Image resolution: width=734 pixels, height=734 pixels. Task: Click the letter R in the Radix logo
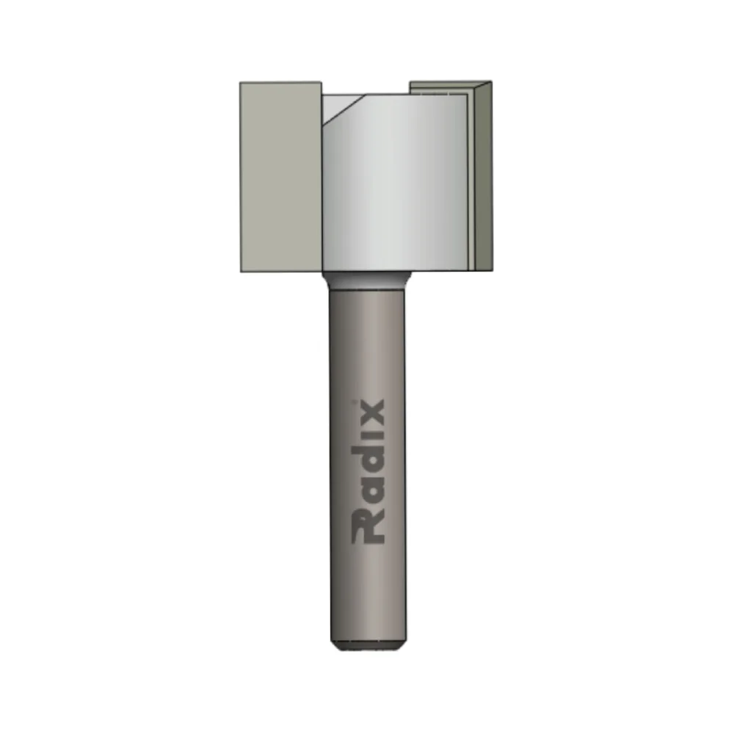[367, 527]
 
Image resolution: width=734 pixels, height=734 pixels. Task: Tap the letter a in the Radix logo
[370, 493]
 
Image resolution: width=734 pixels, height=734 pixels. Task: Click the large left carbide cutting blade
[281, 176]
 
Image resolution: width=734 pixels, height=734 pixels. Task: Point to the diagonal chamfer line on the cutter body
[344, 108]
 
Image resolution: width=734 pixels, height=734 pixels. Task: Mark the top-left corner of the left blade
[241, 83]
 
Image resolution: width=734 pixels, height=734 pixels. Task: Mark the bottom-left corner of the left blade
[241, 271]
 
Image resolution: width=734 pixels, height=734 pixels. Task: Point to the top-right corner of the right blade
[491, 82]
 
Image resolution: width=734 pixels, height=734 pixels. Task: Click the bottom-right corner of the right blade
[491, 268]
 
